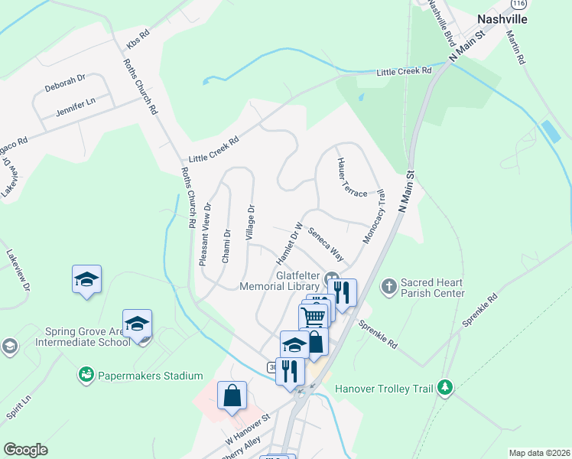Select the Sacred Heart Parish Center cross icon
[388, 287]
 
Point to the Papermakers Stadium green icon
[86, 375]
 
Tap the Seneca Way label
[325, 244]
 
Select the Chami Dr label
[226, 246]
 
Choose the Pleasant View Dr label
[204, 234]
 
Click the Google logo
[26, 449]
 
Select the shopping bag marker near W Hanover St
[232, 396]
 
